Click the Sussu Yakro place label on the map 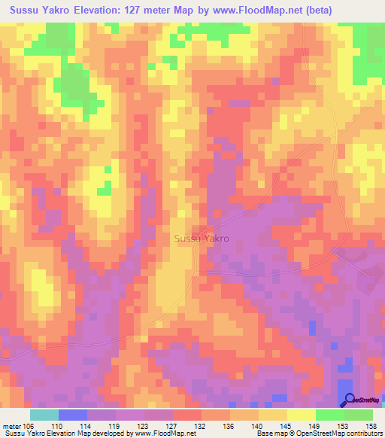[202, 239]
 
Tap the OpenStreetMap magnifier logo [349, 400]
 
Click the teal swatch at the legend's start [44, 414]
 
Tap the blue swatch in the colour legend [73, 414]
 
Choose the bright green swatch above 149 [330, 414]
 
